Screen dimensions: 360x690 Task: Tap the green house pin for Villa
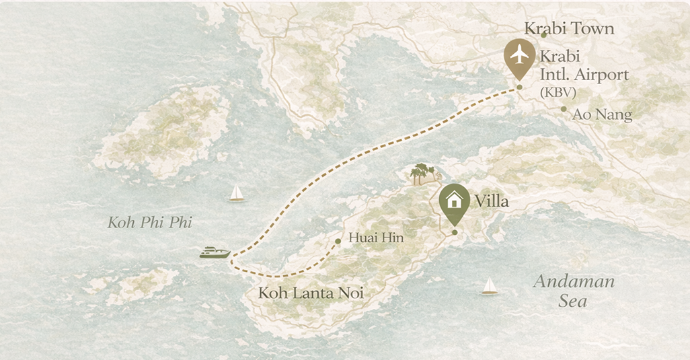click(455, 201)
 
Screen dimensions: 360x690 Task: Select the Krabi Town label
click(569, 28)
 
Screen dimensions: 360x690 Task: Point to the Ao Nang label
click(602, 115)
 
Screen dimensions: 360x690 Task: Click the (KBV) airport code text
click(558, 93)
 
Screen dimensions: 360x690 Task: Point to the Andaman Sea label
click(574, 290)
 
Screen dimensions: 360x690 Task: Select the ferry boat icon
click(215, 252)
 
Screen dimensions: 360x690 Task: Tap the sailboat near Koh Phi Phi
click(236, 193)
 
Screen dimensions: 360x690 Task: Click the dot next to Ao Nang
click(564, 109)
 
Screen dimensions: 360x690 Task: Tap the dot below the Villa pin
click(455, 233)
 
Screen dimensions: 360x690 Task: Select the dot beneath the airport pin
click(519, 88)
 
